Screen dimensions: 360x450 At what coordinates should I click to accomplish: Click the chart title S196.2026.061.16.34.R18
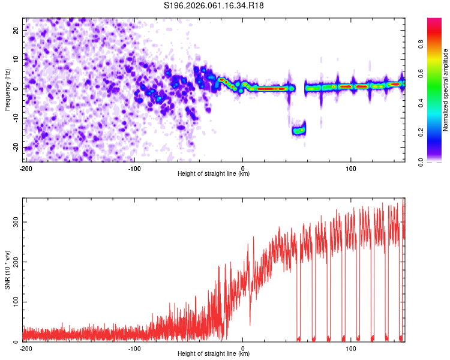[214, 5]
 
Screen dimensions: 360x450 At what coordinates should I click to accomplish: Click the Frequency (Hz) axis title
[7, 90]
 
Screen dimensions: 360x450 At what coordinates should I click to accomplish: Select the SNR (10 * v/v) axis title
[7, 269]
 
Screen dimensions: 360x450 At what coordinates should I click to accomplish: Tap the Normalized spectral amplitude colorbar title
[446, 90]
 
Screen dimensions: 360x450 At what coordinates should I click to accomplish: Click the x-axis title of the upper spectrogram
[214, 173]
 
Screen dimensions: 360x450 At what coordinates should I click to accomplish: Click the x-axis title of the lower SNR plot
[214, 353]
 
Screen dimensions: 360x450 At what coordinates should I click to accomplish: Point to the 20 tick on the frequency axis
[17, 30]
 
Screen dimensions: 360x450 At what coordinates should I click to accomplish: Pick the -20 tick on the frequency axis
[16, 148]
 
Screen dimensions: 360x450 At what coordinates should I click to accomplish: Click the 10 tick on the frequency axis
[17, 59]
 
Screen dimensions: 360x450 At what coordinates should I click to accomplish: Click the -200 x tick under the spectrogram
[26, 167]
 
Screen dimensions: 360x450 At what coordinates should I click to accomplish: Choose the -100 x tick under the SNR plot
[134, 347]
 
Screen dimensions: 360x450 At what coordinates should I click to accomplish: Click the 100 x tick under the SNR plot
[351, 347]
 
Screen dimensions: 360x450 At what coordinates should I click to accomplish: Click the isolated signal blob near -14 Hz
[298, 130]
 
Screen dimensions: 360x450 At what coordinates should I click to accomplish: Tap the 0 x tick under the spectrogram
[242, 167]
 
